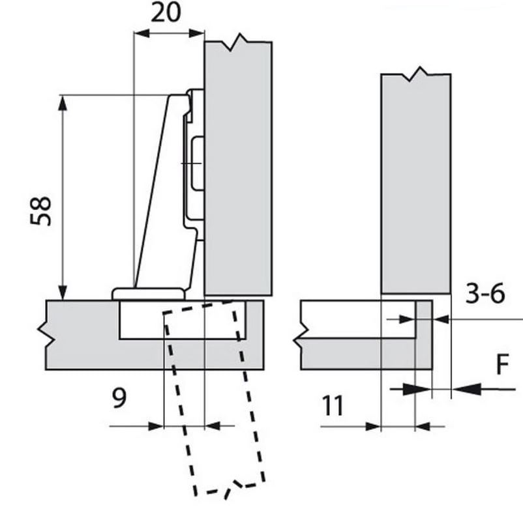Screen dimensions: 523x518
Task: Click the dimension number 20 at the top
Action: (166, 12)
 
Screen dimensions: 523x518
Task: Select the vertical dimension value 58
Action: (40, 211)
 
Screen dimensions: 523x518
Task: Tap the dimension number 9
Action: (119, 398)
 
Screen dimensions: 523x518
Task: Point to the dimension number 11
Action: (333, 406)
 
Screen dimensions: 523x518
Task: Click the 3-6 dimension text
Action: (485, 293)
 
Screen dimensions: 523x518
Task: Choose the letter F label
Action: (503, 364)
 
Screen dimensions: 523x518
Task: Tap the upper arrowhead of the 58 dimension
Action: (63, 103)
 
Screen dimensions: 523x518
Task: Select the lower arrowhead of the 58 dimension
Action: (63, 293)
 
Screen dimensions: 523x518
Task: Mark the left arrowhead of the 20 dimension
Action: (142, 33)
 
